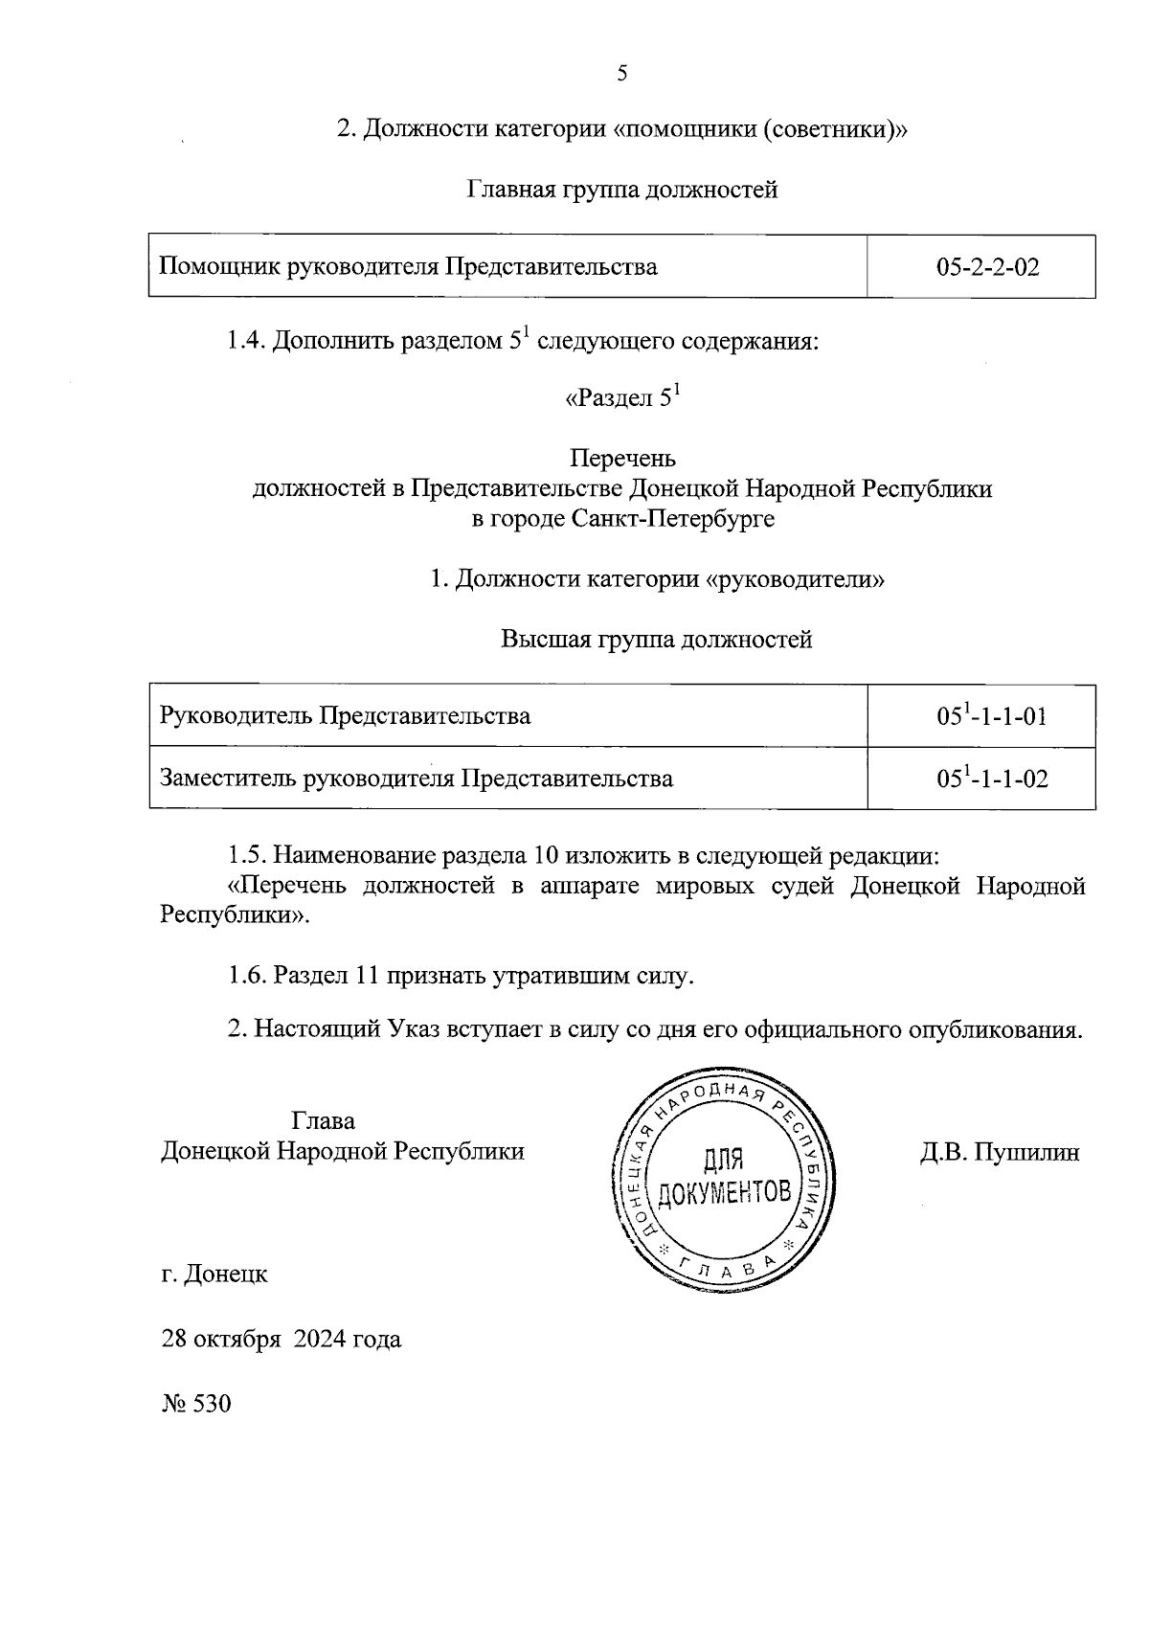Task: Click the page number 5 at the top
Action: (x=622, y=73)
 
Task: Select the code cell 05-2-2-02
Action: (x=988, y=267)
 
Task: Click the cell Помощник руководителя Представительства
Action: (x=408, y=267)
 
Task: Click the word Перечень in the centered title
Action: (x=622, y=459)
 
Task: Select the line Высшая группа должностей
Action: (x=657, y=640)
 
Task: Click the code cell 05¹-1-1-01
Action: (x=991, y=716)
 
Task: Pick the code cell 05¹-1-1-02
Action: (x=991, y=779)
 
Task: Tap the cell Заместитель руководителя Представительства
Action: (x=417, y=779)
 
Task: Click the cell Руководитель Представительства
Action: (x=345, y=716)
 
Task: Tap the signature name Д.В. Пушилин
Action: (x=1000, y=1152)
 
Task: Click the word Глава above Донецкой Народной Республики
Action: (x=323, y=1120)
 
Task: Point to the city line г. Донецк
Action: (x=214, y=1275)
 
